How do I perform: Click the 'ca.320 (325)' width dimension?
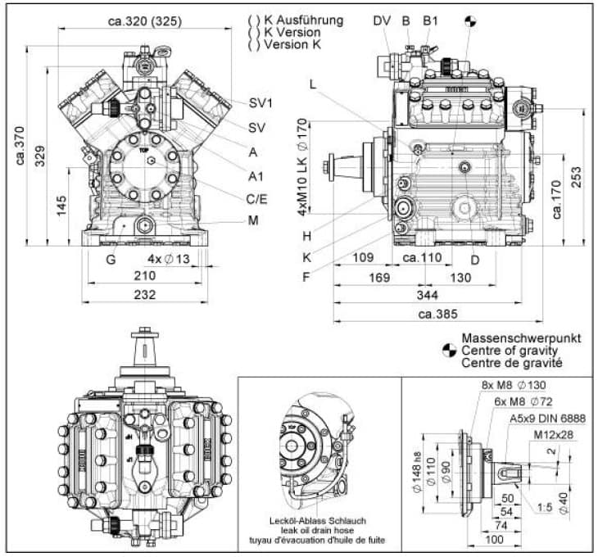145,20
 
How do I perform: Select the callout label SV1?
260,102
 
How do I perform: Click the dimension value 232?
145,295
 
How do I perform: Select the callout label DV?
382,20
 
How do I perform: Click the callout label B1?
431,20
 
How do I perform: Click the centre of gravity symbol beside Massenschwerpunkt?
448,350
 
